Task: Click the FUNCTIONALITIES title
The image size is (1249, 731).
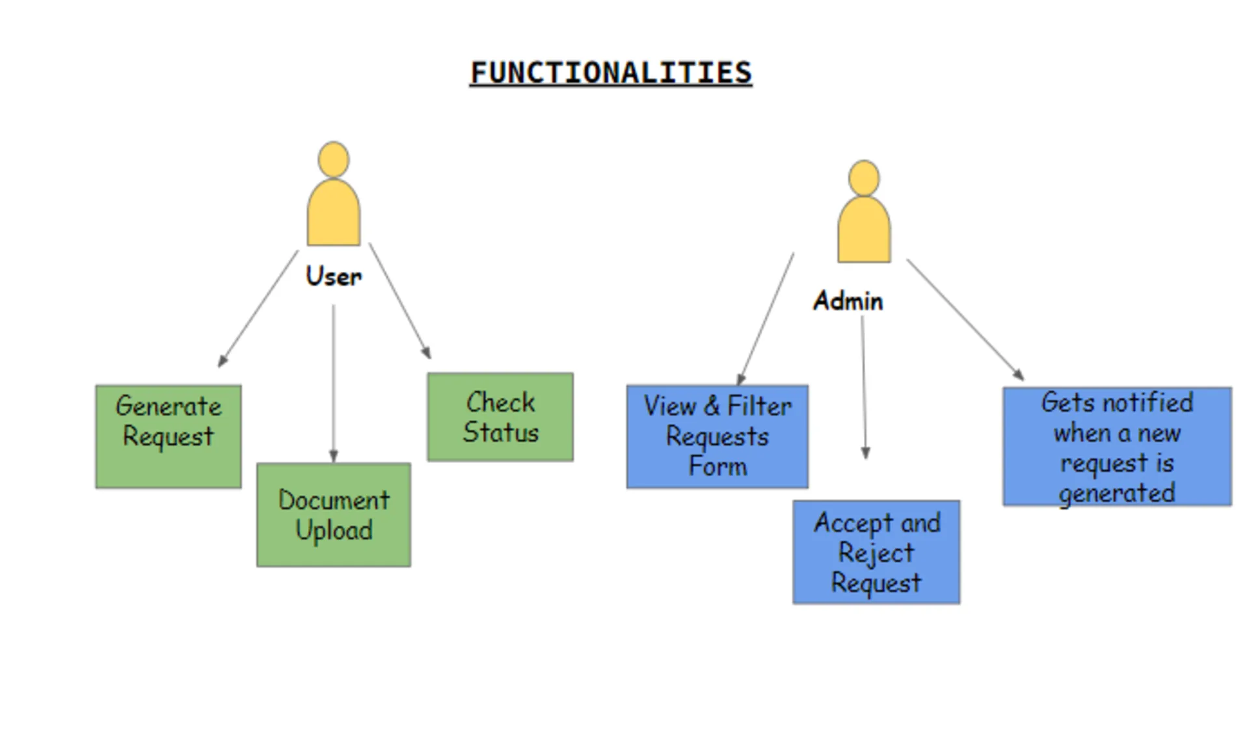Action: (611, 73)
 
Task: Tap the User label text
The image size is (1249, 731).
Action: (334, 276)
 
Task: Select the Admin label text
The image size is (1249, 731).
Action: (848, 301)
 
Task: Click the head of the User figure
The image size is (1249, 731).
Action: (334, 159)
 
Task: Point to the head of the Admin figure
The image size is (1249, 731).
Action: (864, 178)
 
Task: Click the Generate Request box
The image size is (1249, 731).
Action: (168, 436)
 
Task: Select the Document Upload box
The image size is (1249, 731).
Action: (334, 514)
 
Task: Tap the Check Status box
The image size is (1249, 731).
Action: (500, 417)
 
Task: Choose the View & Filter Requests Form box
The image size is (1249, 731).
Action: (718, 436)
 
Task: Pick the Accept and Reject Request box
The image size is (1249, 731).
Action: (876, 552)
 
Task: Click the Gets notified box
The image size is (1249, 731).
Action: (1117, 447)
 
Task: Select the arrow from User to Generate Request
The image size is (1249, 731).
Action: (258, 309)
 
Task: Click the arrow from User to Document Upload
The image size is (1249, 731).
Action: (334, 384)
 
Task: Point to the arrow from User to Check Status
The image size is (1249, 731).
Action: (399, 300)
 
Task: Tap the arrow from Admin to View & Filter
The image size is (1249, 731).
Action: (766, 319)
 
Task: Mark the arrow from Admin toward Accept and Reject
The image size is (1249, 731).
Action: (864, 387)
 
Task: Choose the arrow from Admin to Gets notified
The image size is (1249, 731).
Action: (965, 319)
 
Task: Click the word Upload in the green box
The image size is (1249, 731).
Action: (334, 531)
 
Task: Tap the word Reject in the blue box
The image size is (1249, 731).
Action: (876, 553)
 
